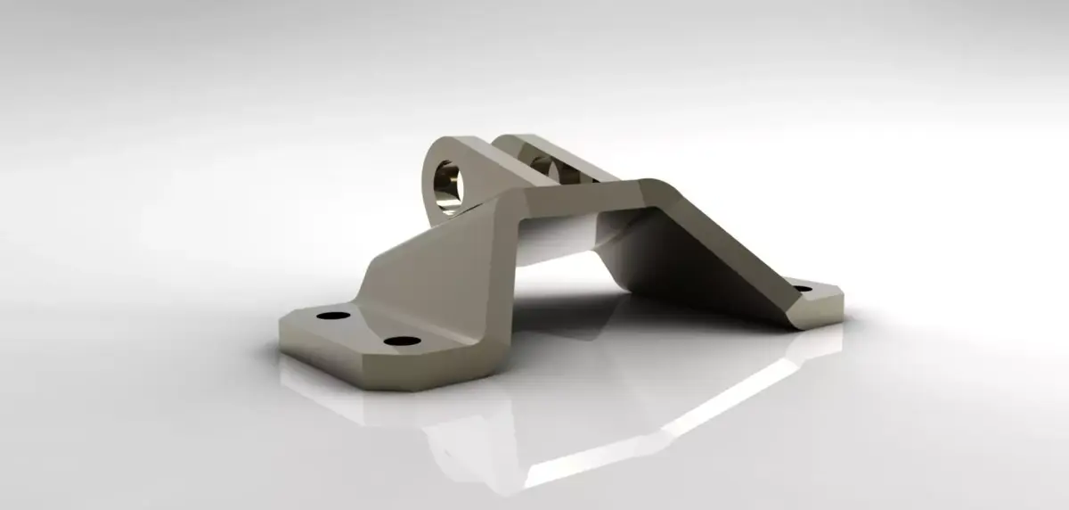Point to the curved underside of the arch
click(561, 236)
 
